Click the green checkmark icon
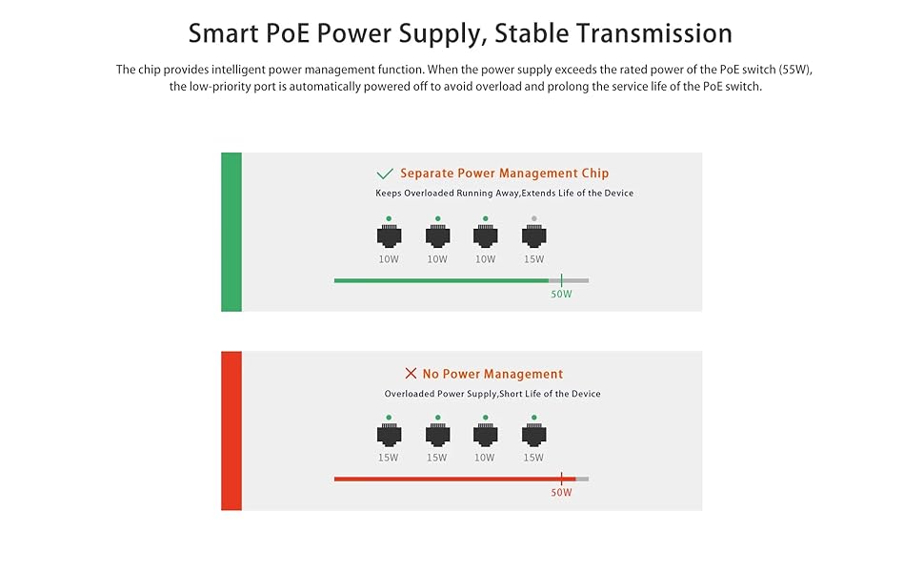coord(385,174)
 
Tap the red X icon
coord(411,374)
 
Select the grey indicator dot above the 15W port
coord(533,218)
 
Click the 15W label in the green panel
coord(533,259)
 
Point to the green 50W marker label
coord(561,294)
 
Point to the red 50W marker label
coord(561,493)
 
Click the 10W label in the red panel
coord(485,458)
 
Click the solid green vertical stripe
coord(231,232)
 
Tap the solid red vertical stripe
coord(231,430)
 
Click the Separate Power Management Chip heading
coord(504,174)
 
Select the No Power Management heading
coord(492,374)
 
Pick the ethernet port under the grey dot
coord(533,236)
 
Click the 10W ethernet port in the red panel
coord(485,436)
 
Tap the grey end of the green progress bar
coord(576,280)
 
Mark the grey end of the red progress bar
coord(582,479)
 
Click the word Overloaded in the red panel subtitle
coord(410,394)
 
